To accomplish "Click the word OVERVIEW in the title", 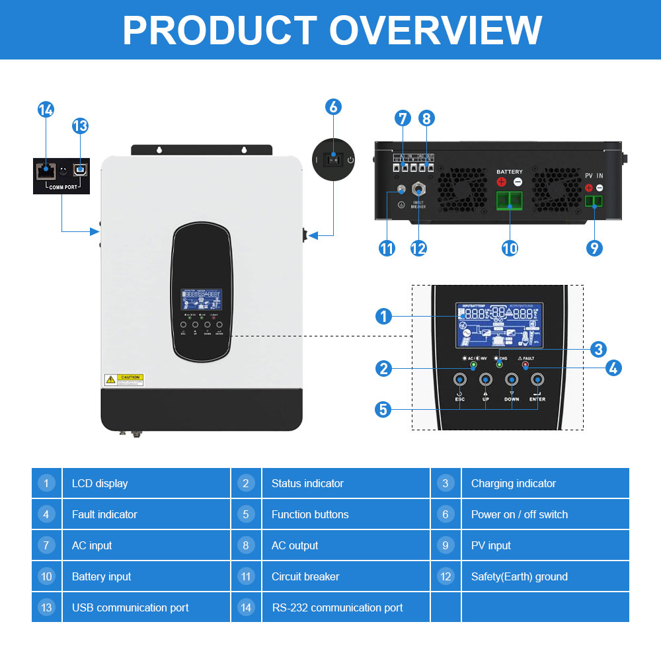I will tap(436, 30).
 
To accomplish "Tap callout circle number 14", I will tap(46, 110).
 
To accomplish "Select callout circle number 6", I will tap(333, 106).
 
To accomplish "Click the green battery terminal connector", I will tap(509, 201).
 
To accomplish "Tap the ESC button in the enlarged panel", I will tap(460, 379).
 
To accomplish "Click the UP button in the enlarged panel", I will tap(486, 379).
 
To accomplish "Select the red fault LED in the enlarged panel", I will tap(525, 364).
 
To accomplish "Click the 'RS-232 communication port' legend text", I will tap(337, 607).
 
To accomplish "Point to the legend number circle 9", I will tap(446, 545).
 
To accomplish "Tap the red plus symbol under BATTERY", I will tap(502, 182).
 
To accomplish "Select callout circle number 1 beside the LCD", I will tap(383, 317).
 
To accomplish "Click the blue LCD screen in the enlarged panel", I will tap(499, 325).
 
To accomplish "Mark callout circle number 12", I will tap(418, 248).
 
